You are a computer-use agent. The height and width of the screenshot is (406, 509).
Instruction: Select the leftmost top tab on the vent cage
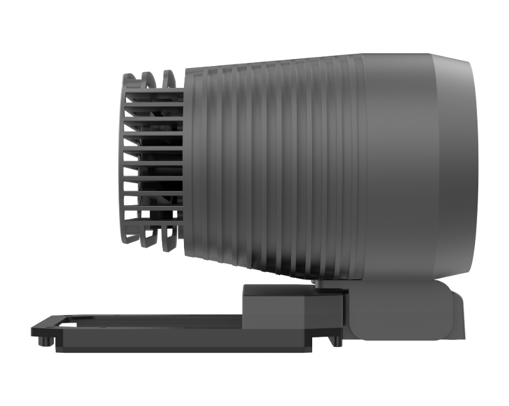[x=130, y=80]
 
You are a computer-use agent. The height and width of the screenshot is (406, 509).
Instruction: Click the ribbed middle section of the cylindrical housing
[x=276, y=167]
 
